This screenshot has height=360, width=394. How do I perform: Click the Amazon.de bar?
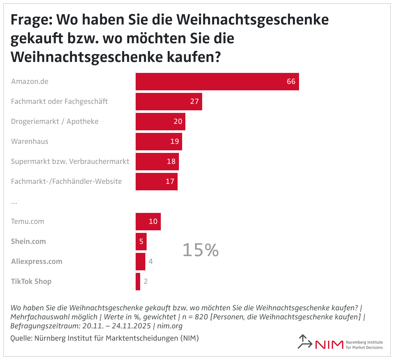coord(217,82)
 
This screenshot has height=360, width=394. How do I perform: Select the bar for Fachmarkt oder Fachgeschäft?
coord(169,102)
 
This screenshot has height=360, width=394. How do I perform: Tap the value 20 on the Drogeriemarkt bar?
coord(178,122)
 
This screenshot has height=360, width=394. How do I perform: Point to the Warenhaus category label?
coord(30,142)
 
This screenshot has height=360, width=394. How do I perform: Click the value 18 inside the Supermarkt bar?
coord(171,162)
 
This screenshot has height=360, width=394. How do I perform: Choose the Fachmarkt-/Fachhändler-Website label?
coord(66,182)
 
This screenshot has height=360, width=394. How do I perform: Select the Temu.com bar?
coord(148,222)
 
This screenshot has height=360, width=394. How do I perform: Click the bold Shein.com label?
coord(28,242)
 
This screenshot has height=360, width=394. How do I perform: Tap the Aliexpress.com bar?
coord(140,262)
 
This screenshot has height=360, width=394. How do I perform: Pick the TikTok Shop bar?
coord(138,282)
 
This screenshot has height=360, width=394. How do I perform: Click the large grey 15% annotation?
coord(201,250)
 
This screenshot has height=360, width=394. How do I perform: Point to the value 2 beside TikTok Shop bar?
coord(146,282)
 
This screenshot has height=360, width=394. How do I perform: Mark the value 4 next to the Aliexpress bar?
coord(150,262)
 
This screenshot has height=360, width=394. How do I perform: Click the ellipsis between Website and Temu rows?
coord(14,202)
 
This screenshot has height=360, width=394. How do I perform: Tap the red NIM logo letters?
coord(329,345)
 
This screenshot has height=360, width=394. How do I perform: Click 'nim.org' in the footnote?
coord(170,326)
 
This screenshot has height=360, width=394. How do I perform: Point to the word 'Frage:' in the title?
coord(31,20)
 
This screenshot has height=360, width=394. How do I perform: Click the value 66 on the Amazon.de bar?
coord(291,82)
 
